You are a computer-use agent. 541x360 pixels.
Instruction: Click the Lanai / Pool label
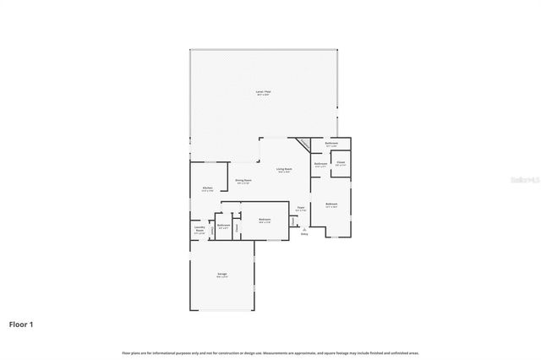pyautogui.click(x=264, y=92)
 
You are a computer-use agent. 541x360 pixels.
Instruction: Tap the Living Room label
pyautogui.click(x=285, y=170)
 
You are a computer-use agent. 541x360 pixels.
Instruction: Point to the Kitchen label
pyautogui.click(x=207, y=188)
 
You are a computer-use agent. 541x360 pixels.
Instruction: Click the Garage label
pyautogui.click(x=221, y=275)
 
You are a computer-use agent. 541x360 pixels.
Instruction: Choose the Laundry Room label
pyautogui.click(x=199, y=229)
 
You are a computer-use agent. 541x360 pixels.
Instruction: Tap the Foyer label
pyautogui.click(x=301, y=209)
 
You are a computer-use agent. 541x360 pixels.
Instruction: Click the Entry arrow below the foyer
pyautogui.click(x=303, y=232)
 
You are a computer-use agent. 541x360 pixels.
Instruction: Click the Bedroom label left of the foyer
pyautogui.click(x=264, y=221)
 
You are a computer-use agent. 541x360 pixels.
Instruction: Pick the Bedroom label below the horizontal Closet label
pyautogui.click(x=331, y=205)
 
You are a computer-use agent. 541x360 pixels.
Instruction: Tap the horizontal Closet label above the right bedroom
pyautogui.click(x=341, y=163)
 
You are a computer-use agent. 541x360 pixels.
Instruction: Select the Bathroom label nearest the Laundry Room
pyautogui.click(x=223, y=226)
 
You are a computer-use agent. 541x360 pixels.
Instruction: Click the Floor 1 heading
pyautogui.click(x=21, y=324)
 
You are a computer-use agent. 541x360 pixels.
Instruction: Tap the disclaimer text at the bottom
pyautogui.click(x=270, y=352)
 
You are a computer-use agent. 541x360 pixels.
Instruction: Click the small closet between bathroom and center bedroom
pyautogui.click(x=238, y=226)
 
